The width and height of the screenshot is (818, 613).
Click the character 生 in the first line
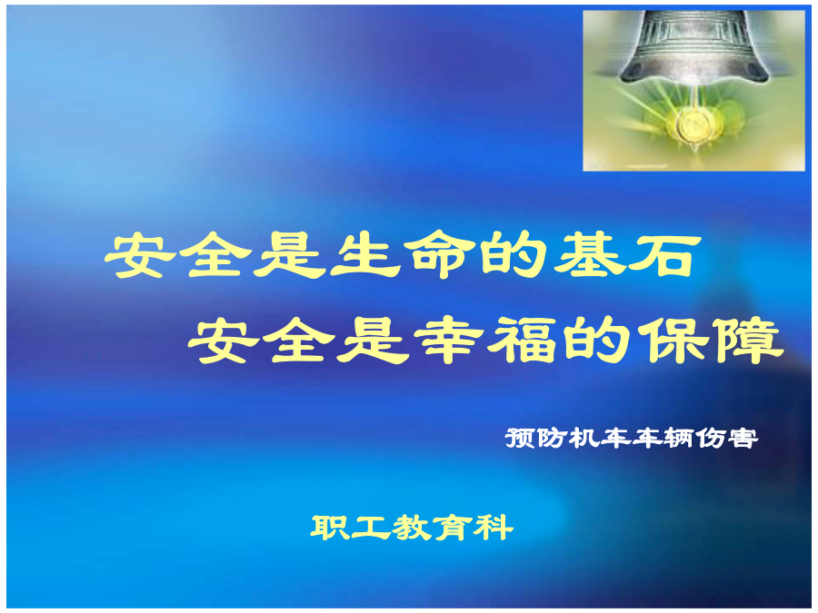365,255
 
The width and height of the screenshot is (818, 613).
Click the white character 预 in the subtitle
520,438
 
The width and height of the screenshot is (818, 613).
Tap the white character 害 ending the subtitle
743,438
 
